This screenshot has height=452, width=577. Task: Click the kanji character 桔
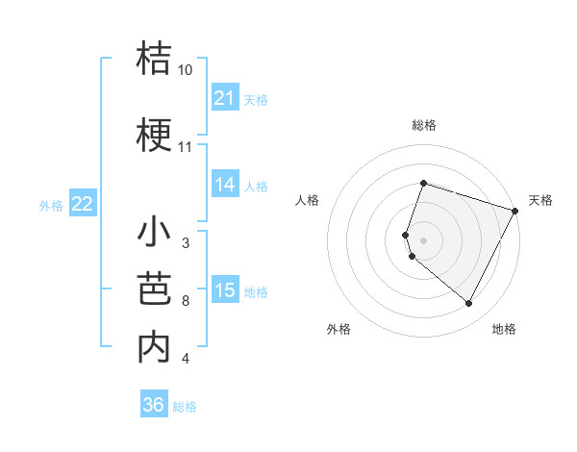154,59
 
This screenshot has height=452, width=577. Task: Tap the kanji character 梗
154,136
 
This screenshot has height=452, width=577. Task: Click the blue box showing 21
225,98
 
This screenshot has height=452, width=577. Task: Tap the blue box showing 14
225,186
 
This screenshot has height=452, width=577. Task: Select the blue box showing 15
225,291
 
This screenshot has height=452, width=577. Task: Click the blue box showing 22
83,204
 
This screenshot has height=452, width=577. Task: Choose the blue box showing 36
154,405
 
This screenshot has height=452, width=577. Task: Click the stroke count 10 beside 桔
186,70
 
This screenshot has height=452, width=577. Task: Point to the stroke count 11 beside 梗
186,147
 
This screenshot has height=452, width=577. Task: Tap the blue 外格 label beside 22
50,205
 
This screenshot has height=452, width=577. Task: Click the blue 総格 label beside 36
185,407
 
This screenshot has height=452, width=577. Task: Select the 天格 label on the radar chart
540,200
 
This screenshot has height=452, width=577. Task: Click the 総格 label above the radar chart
423,125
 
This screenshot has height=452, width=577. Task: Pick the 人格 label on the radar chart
307,200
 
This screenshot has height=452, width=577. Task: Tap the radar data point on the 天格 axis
516,211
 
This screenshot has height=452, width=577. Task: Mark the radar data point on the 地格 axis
469,304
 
